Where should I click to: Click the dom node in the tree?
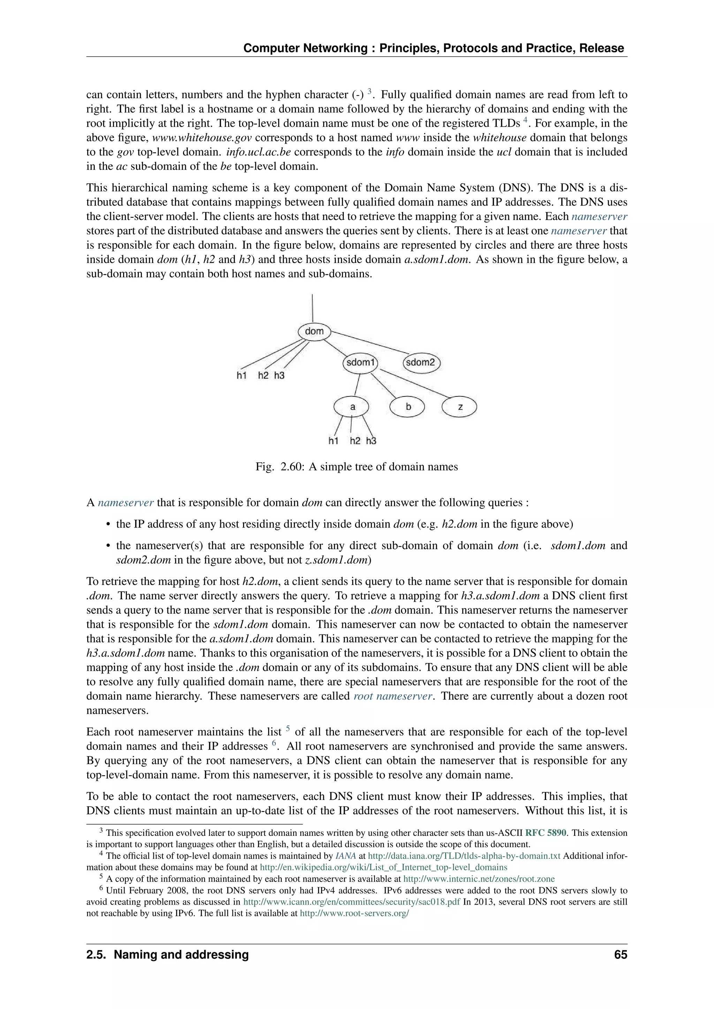314,331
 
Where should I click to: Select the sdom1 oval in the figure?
360,363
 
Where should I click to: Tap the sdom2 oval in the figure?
421,363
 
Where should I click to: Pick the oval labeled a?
352,407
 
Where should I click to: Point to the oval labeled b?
408,407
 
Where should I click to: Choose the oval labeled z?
459,407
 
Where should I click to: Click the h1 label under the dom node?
241,375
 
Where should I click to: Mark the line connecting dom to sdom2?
369,342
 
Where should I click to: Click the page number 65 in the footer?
620,955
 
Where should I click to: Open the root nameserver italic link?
393,696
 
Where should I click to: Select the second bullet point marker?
108,546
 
